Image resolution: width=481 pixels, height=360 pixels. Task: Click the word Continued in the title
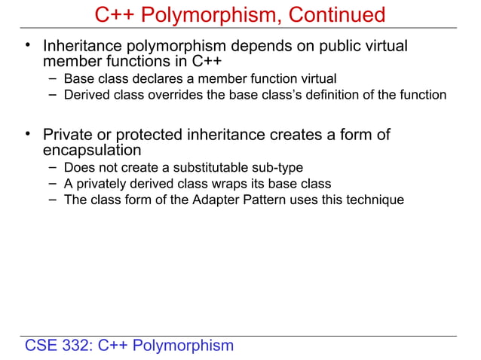pos(331,14)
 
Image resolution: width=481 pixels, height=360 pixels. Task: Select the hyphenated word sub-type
pos(278,167)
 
